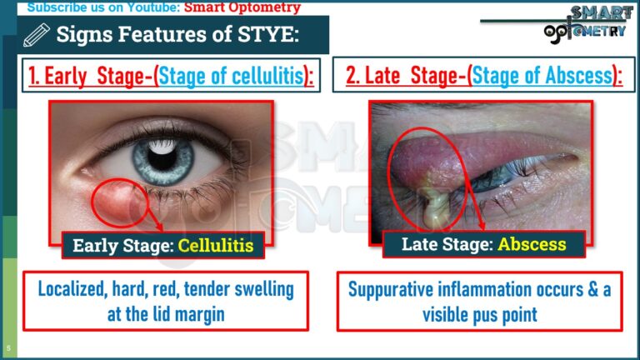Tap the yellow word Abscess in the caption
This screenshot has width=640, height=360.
point(532,244)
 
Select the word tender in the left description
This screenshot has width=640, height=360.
point(221,290)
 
